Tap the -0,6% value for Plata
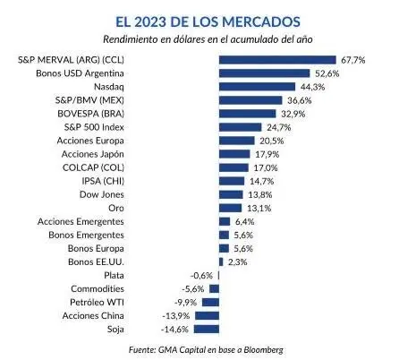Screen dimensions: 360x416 (x=202, y=275)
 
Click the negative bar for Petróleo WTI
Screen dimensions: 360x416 (x=213, y=302)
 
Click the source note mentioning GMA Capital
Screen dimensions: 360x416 (x=208, y=348)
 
